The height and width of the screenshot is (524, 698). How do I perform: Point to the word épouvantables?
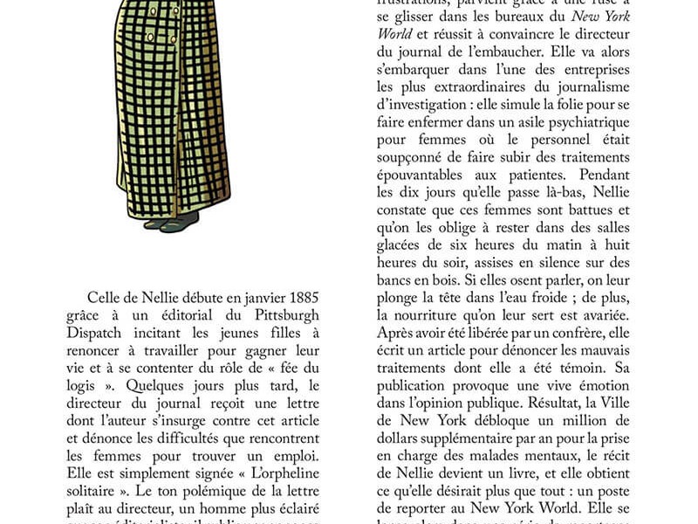427,175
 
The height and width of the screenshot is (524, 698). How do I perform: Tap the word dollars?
401,437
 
